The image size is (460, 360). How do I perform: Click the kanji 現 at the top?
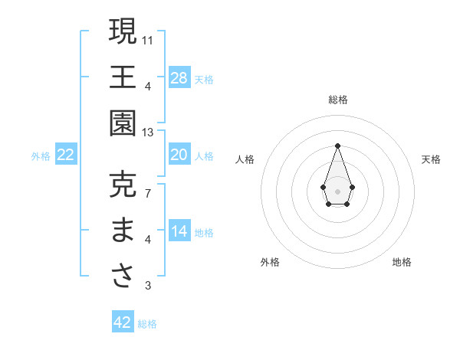click(123, 31)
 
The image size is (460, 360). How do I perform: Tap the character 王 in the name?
click(123, 77)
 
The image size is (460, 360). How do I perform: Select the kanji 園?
click(123, 123)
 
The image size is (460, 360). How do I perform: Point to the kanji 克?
click(123, 185)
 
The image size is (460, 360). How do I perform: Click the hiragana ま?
click(123, 231)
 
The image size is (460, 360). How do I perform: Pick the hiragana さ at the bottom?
click(123, 277)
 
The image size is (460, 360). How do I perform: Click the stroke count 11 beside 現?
click(148, 39)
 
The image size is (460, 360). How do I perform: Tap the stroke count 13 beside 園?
click(148, 133)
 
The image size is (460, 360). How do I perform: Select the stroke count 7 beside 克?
click(148, 192)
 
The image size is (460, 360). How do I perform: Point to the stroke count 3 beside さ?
click(148, 286)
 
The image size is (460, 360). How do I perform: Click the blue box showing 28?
click(179, 78)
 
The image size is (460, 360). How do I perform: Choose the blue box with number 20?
click(179, 155)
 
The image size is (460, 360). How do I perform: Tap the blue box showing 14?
click(179, 231)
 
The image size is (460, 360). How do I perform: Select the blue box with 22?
click(66, 155)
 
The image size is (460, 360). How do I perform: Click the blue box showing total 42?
click(123, 322)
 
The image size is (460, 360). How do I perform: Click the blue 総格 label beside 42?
click(147, 324)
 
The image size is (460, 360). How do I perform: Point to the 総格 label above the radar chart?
click(337, 100)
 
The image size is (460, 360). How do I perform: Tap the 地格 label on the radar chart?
click(402, 262)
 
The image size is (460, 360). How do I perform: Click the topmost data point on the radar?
click(337, 146)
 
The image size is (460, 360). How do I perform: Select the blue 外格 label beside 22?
click(41, 156)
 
